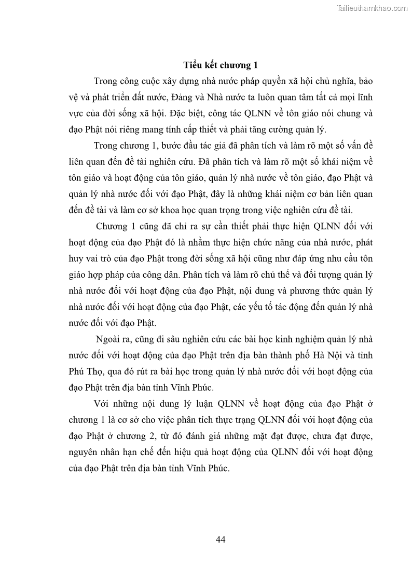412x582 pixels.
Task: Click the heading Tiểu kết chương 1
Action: (x=221, y=65)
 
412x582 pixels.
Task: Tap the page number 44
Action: (x=221, y=540)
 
